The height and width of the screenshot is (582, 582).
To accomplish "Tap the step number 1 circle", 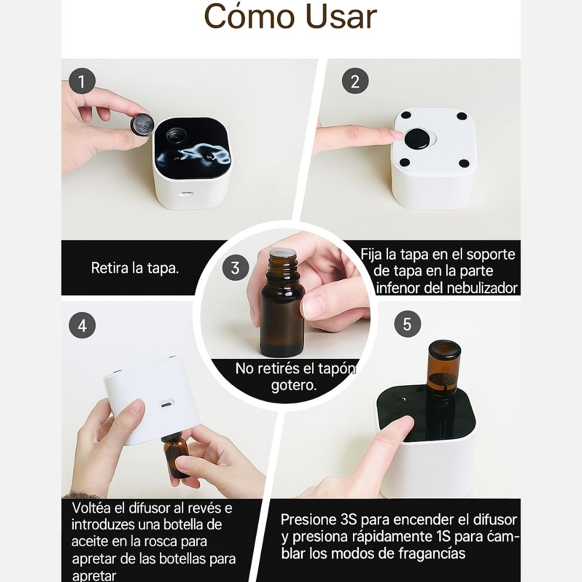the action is point(82,81).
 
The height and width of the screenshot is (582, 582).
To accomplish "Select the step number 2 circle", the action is point(355,81).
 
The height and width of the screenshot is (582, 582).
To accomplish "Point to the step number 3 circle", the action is point(235,268).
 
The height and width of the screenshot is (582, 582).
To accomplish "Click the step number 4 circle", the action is point(82,325).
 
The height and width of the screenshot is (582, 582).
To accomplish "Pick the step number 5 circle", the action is point(407,324).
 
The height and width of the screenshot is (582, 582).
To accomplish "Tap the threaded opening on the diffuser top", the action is point(176,135).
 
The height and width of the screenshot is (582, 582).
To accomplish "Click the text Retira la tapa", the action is point(135,268).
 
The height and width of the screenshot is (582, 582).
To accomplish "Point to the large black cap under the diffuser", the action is point(417,140).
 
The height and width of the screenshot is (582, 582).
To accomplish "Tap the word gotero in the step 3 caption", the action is point(294,385).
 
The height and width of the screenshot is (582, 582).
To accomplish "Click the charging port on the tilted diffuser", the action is point(167,404).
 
